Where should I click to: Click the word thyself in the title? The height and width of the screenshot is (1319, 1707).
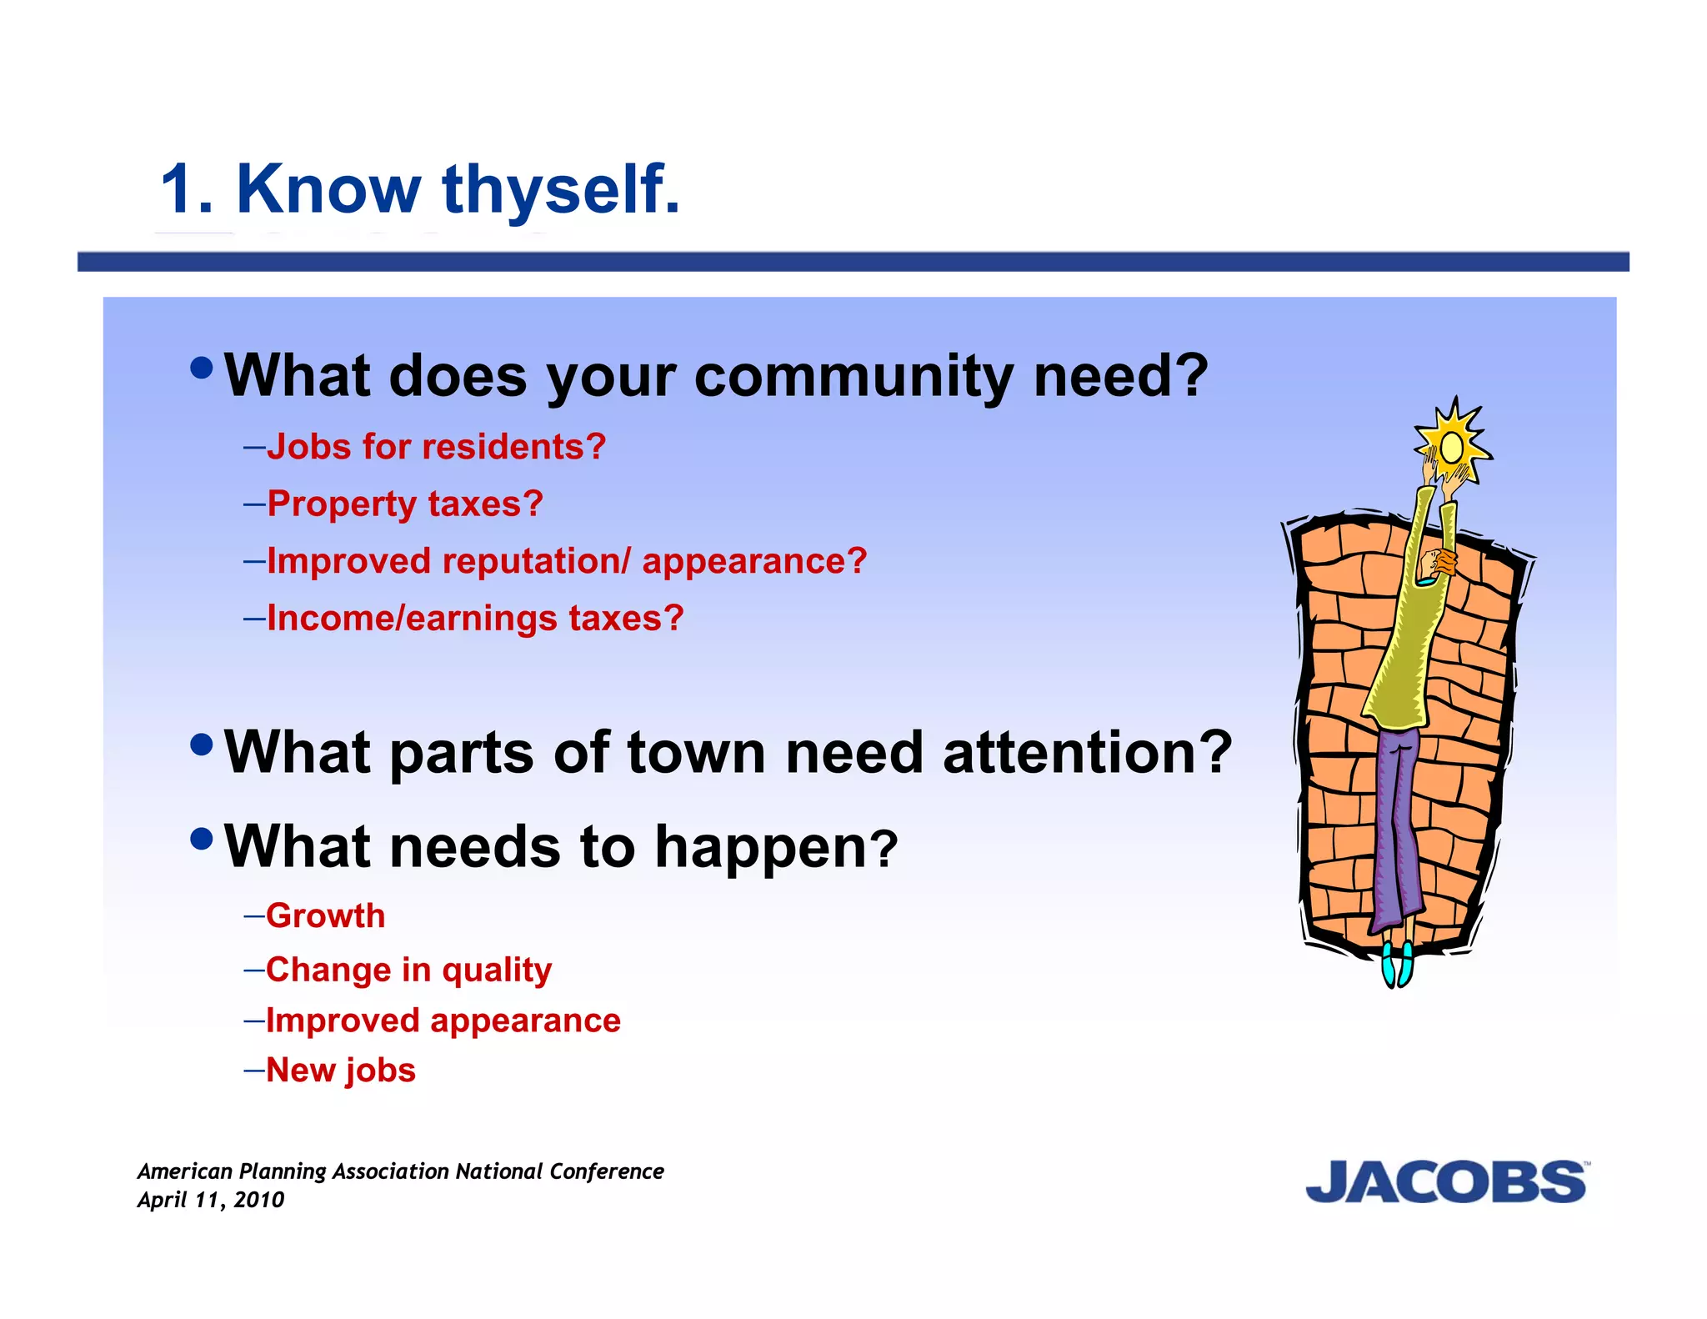click(x=561, y=190)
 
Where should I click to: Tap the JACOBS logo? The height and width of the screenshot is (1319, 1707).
click(x=1445, y=1182)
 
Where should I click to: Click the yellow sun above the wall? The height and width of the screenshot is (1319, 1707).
click(x=1452, y=446)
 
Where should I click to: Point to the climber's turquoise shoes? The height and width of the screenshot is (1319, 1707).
click(x=1397, y=965)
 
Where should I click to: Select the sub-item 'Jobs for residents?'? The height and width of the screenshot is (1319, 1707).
click(x=436, y=447)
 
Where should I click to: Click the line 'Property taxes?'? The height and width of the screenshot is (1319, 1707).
click(x=405, y=504)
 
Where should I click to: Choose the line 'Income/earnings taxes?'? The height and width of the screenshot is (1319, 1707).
click(x=475, y=618)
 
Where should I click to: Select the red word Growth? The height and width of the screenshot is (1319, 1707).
click(x=326, y=915)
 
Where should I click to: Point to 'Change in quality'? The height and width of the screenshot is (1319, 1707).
click(x=408, y=970)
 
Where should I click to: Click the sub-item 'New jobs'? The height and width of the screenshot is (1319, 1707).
click(x=340, y=1070)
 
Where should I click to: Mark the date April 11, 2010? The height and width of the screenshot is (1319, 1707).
click(x=211, y=1200)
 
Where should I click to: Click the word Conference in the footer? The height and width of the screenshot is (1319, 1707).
click(x=606, y=1171)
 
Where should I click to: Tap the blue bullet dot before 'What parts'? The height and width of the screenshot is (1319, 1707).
click(x=202, y=744)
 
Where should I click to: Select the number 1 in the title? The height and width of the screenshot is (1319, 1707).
click(x=178, y=190)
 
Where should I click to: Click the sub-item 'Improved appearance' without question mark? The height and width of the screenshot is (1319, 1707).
click(x=443, y=1021)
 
